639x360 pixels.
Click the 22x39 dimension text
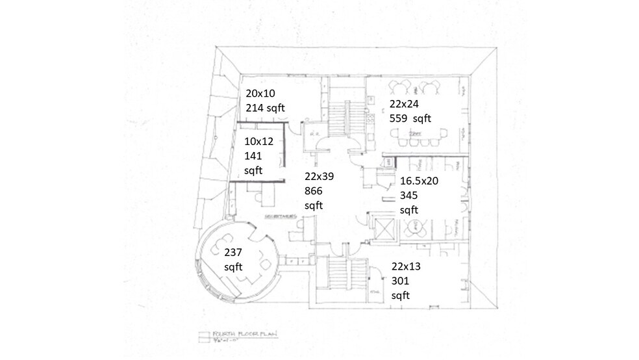click(320, 176)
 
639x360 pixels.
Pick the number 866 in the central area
click(314, 191)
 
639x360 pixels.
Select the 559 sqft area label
click(410, 118)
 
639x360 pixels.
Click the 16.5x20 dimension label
click(420, 181)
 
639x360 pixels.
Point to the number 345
click(410, 196)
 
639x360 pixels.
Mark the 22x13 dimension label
click(407, 266)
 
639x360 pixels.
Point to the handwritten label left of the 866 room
click(281, 216)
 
